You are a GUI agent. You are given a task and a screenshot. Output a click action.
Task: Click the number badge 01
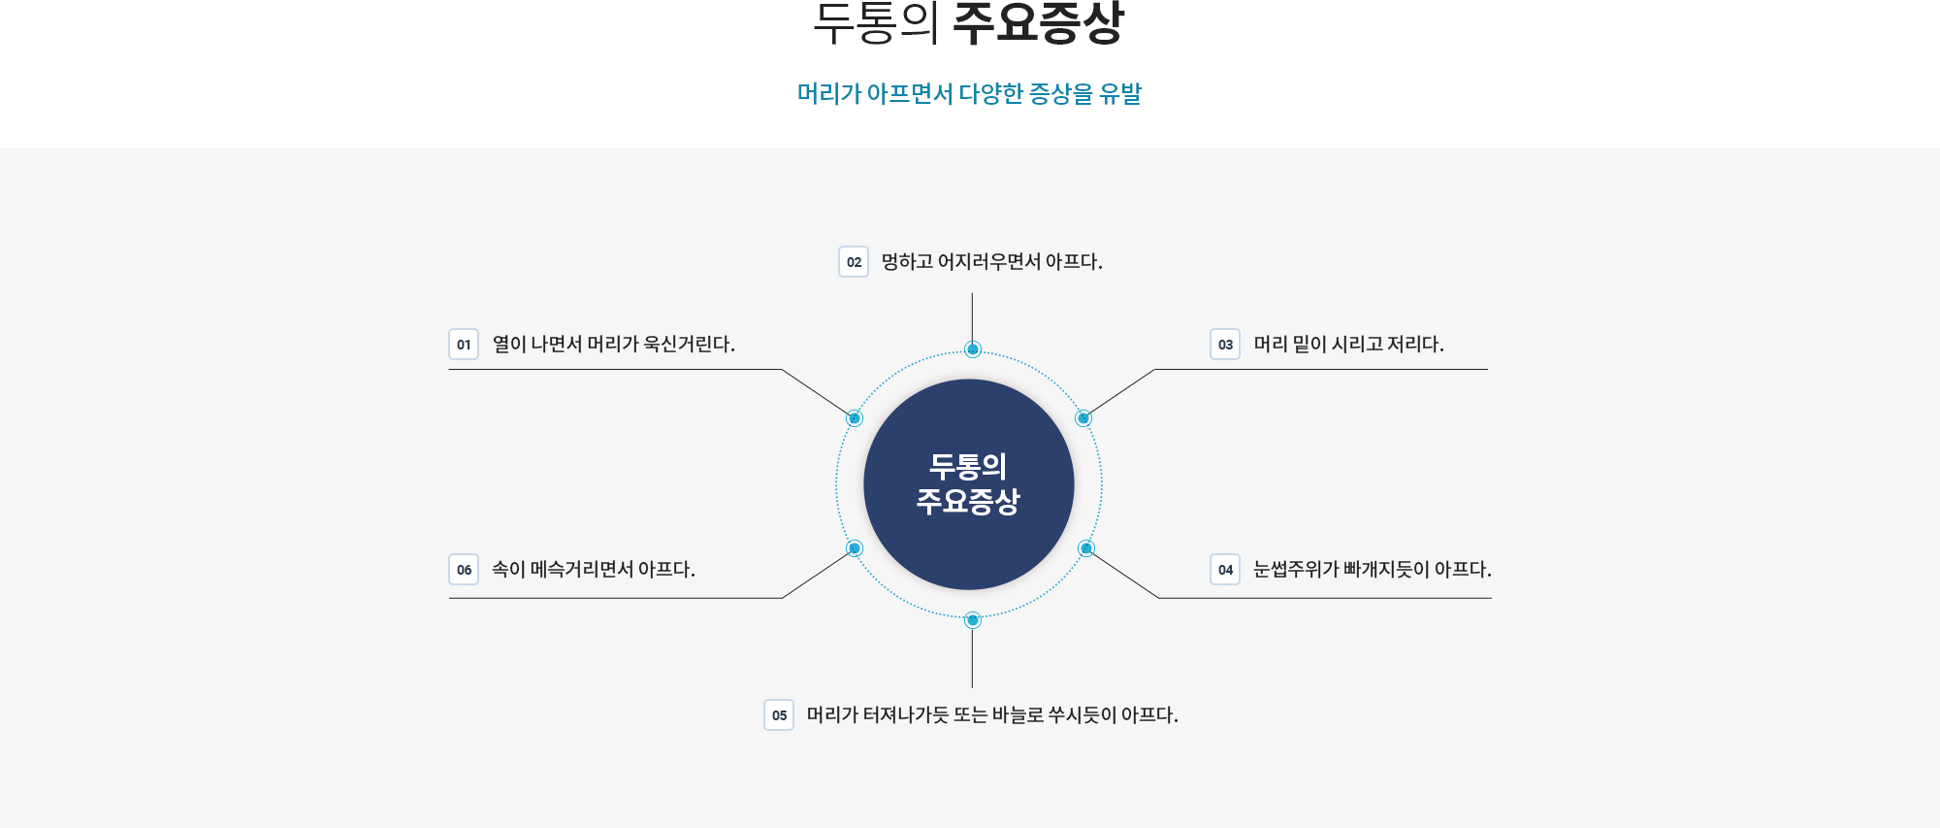pos(464,345)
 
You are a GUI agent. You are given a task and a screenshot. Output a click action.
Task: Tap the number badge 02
pos(854,262)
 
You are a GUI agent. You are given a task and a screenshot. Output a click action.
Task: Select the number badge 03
pos(1225,345)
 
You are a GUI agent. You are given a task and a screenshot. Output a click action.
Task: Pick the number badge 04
pos(1225,570)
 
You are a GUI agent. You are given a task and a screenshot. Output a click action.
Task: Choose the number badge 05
pos(779,715)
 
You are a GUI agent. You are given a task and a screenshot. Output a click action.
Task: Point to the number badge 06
pos(464,570)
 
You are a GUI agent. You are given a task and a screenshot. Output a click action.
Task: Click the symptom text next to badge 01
pos(613,345)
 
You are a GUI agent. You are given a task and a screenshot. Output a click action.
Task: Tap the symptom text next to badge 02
pos(991,262)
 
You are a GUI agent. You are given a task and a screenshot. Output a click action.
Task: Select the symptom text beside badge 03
pos(1348,345)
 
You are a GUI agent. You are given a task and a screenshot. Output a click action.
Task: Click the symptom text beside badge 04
pos(1372,570)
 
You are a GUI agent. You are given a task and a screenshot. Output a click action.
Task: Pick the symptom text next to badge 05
pos(992,715)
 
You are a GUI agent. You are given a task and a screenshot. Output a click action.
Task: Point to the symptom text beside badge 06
pos(593,570)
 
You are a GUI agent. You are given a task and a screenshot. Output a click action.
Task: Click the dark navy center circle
pos(969,484)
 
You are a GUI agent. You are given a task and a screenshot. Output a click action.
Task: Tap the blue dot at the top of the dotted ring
pos(973,349)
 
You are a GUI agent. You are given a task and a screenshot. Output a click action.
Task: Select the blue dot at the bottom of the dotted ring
pos(973,620)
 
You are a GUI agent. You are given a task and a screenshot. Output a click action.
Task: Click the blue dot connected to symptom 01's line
pos(855,418)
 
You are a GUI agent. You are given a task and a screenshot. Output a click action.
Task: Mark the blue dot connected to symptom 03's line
pos(1083,418)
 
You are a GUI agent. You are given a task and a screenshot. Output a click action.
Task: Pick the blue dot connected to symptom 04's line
pos(1086,548)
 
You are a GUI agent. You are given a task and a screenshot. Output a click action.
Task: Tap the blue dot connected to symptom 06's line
pos(855,548)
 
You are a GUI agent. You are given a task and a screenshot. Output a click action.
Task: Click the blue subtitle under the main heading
pos(969,94)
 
